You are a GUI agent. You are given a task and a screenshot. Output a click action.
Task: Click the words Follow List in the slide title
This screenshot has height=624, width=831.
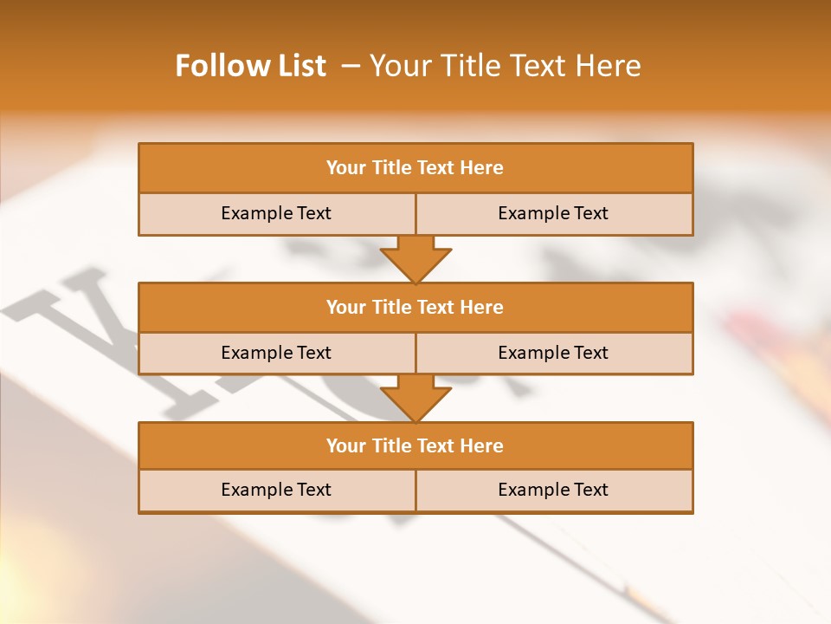pyautogui.click(x=251, y=66)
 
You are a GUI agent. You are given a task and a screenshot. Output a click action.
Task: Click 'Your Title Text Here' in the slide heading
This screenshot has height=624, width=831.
pyautogui.click(x=505, y=66)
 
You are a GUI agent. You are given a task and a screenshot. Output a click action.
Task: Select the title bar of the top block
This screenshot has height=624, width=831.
pyautogui.click(x=415, y=168)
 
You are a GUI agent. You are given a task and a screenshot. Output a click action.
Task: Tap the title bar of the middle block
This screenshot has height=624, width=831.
pyautogui.click(x=415, y=308)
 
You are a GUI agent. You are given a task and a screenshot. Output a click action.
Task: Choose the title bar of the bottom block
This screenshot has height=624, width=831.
pyautogui.click(x=415, y=446)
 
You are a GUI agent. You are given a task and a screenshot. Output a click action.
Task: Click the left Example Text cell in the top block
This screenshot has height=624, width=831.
pyautogui.click(x=277, y=213)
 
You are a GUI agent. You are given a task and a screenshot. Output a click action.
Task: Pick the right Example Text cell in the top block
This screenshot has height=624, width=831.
pyautogui.click(x=554, y=213)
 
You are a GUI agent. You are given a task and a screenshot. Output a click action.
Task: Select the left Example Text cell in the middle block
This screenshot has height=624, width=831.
pyautogui.click(x=277, y=353)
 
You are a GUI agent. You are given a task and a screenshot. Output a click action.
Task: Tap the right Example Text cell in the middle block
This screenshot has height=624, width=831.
pyautogui.click(x=554, y=353)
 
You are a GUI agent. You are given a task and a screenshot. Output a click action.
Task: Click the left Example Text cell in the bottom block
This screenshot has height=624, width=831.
pyautogui.click(x=277, y=490)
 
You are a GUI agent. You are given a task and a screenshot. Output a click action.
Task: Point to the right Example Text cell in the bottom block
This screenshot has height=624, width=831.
pyautogui.click(x=554, y=490)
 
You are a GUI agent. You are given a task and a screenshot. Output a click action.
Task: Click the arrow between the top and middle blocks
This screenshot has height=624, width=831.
pyautogui.click(x=415, y=258)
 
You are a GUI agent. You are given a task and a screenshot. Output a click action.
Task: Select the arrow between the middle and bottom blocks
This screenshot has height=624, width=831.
pyautogui.click(x=415, y=398)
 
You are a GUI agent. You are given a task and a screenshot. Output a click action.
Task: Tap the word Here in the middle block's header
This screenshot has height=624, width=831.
pyautogui.click(x=481, y=308)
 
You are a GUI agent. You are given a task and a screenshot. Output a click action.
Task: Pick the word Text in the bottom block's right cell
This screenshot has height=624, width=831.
pyautogui.click(x=590, y=490)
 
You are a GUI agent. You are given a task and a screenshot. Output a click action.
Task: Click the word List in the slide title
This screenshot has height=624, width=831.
pyautogui.click(x=300, y=66)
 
